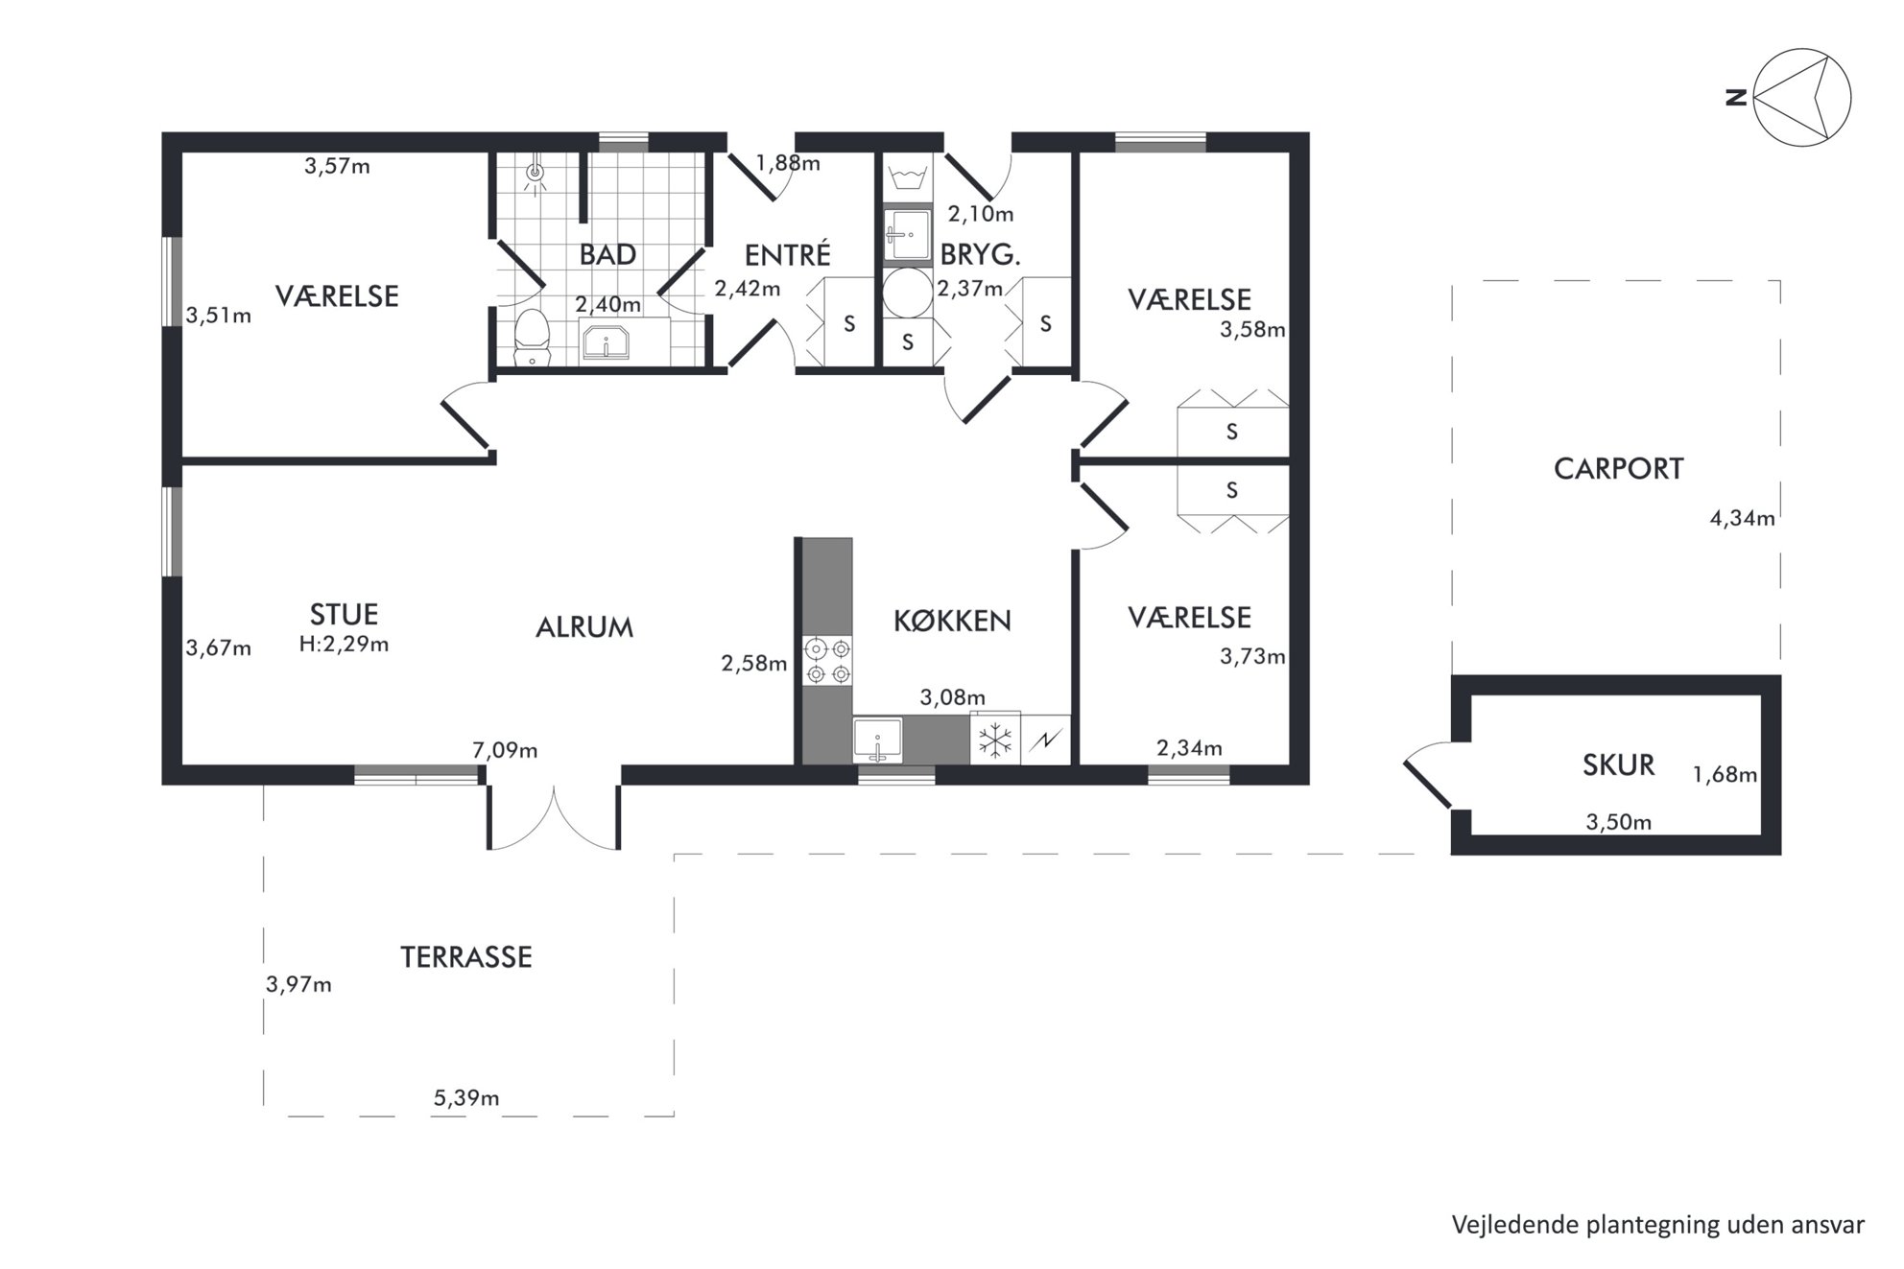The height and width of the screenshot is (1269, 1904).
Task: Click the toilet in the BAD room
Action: [533, 337]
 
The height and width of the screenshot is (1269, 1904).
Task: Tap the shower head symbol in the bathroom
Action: [535, 173]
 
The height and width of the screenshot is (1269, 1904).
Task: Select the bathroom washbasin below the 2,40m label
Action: [606, 341]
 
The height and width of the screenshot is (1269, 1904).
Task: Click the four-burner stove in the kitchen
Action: [828, 661]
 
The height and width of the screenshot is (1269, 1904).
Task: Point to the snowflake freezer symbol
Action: [995, 740]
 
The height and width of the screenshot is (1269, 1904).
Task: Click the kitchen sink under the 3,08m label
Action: [878, 740]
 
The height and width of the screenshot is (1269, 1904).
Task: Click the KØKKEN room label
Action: [952, 621]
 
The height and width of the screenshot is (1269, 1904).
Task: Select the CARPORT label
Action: [1618, 468]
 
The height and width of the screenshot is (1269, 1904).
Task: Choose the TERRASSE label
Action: [465, 956]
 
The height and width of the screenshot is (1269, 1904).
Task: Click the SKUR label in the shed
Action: [1618, 764]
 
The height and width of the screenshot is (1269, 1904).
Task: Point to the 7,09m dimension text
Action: [505, 750]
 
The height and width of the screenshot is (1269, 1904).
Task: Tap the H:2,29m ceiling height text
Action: [344, 644]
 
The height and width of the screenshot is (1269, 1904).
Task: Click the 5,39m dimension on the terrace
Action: [466, 1097]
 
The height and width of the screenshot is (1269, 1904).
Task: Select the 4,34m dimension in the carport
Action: [1742, 518]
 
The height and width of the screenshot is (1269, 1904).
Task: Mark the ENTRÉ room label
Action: [788, 254]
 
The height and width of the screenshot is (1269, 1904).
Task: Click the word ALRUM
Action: [584, 627]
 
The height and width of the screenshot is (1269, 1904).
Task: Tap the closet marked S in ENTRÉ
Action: [849, 322]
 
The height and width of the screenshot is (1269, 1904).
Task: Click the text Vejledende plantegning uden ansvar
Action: [1657, 1224]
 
